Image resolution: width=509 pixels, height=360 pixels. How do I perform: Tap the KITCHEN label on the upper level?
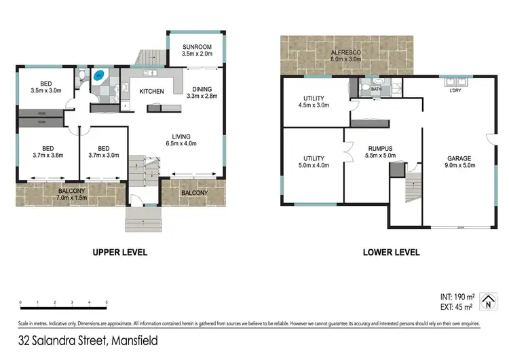152,91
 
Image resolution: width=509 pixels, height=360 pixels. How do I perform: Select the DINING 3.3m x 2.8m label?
202,93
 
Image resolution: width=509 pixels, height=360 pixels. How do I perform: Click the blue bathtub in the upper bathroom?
100,75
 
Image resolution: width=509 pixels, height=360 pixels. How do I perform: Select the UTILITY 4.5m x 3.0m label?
315,102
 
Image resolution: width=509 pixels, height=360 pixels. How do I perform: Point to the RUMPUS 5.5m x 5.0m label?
381,151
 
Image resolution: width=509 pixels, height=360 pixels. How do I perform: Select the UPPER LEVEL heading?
119,252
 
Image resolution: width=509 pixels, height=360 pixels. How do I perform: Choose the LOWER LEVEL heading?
391,252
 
